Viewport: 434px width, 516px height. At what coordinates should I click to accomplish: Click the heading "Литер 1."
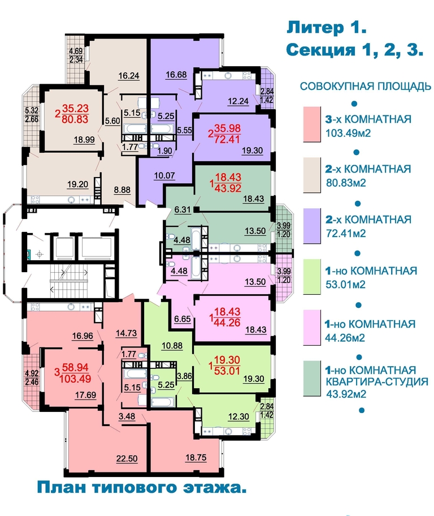tap(327, 28)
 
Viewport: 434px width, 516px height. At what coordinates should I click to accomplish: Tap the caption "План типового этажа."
tap(142, 487)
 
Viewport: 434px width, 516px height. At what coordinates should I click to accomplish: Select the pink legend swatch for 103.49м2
tap(312, 124)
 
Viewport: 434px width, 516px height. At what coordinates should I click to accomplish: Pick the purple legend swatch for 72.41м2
tap(312, 226)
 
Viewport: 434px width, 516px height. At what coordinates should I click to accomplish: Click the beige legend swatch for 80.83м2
tap(312, 175)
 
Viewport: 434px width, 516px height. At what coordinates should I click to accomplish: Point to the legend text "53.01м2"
tap(345, 285)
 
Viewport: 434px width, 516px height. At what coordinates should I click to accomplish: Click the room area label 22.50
tap(127, 458)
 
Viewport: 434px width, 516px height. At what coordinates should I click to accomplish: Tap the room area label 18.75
tap(196, 457)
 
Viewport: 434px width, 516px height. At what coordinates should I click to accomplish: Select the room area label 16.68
tap(176, 75)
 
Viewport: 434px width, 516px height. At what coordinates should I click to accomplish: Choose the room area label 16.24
tap(129, 76)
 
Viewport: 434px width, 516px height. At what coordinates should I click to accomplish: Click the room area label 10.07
tap(164, 175)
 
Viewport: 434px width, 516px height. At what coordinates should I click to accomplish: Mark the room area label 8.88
tap(122, 190)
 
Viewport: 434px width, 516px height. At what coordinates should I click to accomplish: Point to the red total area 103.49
tap(75, 379)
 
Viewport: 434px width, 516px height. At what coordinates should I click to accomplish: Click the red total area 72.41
tap(227, 139)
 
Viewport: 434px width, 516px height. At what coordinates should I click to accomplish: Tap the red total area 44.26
tap(227, 322)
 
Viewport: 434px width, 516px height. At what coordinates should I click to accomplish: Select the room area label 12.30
tap(238, 416)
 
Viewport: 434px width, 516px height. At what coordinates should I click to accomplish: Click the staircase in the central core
tap(69, 281)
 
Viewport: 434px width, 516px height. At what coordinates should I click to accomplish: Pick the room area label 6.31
tap(183, 209)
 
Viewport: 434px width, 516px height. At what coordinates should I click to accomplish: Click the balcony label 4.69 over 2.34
tap(76, 55)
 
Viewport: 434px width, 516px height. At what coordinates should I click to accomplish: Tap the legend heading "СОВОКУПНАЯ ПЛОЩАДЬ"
tap(366, 86)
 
